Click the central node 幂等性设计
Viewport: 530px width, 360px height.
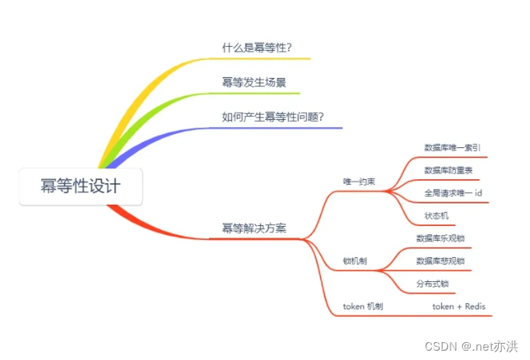81,186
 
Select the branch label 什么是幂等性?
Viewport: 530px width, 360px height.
256,47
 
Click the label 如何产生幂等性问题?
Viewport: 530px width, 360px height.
273,117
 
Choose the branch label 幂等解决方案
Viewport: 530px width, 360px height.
254,228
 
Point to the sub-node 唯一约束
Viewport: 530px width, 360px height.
359,182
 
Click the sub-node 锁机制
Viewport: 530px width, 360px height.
355,261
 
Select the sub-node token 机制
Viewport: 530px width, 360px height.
362,307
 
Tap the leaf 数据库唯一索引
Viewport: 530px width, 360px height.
452,146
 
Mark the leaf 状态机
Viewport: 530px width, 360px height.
436,215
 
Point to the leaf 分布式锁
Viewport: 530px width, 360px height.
433,284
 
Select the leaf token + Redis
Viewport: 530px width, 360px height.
459,307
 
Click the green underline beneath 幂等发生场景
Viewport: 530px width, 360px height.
257,93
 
